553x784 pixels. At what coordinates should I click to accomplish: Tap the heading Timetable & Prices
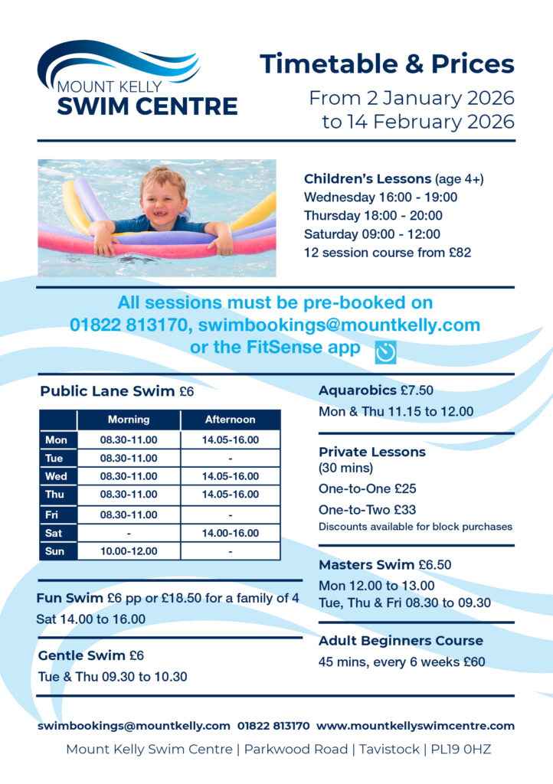click(387, 64)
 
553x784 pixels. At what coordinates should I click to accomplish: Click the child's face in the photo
click(163, 197)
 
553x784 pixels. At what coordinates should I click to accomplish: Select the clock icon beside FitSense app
click(386, 351)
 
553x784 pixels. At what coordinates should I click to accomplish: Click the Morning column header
click(129, 420)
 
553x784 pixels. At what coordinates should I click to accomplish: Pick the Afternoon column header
click(230, 420)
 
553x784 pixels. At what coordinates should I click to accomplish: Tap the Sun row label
click(56, 550)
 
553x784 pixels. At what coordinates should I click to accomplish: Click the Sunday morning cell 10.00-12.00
click(129, 550)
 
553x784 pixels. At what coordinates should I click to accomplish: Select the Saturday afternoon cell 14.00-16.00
click(230, 533)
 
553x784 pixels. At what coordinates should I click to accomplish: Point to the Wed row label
click(56, 476)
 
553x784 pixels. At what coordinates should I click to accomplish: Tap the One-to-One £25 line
click(367, 488)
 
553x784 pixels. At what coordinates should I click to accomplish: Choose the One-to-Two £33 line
click(368, 509)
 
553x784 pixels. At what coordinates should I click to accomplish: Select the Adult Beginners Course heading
click(401, 641)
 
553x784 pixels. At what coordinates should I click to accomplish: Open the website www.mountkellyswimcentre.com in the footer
click(415, 725)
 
